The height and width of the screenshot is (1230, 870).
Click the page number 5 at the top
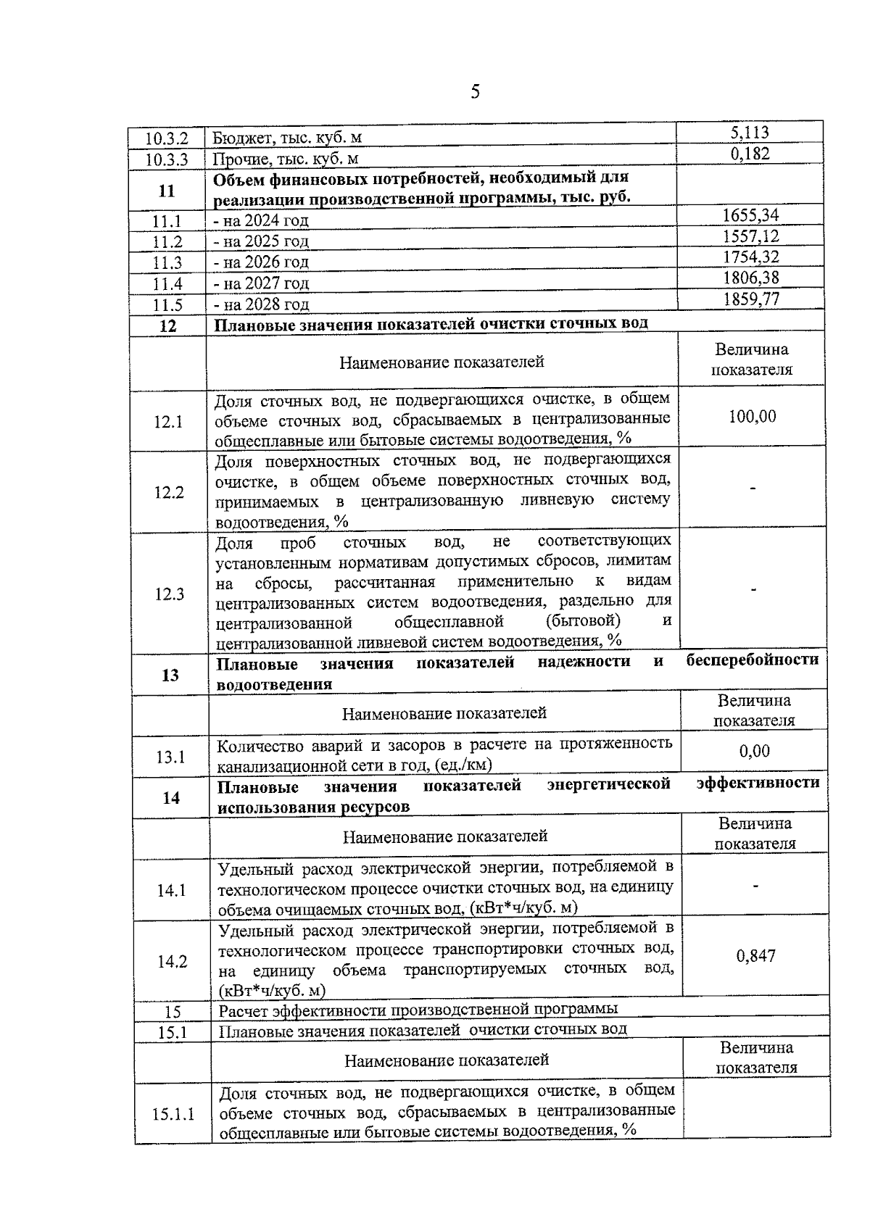(475, 91)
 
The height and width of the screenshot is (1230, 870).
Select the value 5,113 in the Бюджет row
(750, 133)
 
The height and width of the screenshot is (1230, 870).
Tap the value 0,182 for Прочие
(750, 154)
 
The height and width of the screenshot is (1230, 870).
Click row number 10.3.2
(167, 138)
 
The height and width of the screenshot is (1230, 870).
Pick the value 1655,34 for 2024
(750, 215)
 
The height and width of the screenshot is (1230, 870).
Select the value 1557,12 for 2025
(750, 236)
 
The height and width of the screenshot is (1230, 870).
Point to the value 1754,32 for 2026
(750, 257)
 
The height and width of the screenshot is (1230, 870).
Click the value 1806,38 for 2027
(750, 278)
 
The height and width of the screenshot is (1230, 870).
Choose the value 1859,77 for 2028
(750, 299)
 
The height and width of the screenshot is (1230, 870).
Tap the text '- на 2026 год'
(262, 262)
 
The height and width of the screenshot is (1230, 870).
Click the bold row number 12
(167, 325)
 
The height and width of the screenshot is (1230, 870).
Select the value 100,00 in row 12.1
(752, 417)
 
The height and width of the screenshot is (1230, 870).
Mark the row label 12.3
(169, 594)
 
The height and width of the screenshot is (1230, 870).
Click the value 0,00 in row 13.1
(754, 752)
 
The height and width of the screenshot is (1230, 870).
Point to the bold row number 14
(171, 798)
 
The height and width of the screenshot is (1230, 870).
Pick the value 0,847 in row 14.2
(755, 956)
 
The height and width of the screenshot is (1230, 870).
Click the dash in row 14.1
(755, 886)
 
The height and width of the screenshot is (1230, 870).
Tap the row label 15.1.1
(173, 1114)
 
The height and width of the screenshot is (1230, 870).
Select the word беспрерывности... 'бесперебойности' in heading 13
(752, 660)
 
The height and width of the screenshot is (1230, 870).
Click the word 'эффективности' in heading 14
(758, 783)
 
